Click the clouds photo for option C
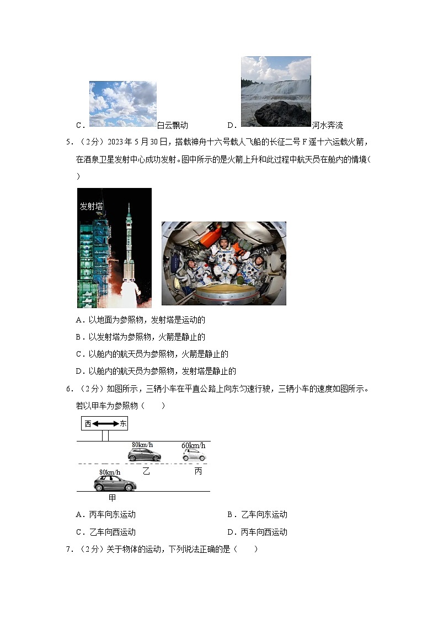[122, 104]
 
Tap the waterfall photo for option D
[276, 91]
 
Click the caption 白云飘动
[173, 125]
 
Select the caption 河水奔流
[328, 125]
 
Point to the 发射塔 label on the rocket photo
[92, 206]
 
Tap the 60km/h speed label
[193, 445]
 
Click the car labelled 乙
[145, 455]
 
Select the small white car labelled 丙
[194, 455]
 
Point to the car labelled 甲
[115, 483]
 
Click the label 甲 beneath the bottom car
[112, 498]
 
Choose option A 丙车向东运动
[105, 515]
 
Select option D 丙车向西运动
[257, 532]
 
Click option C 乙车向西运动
[105, 532]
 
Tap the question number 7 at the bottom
[69, 549]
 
